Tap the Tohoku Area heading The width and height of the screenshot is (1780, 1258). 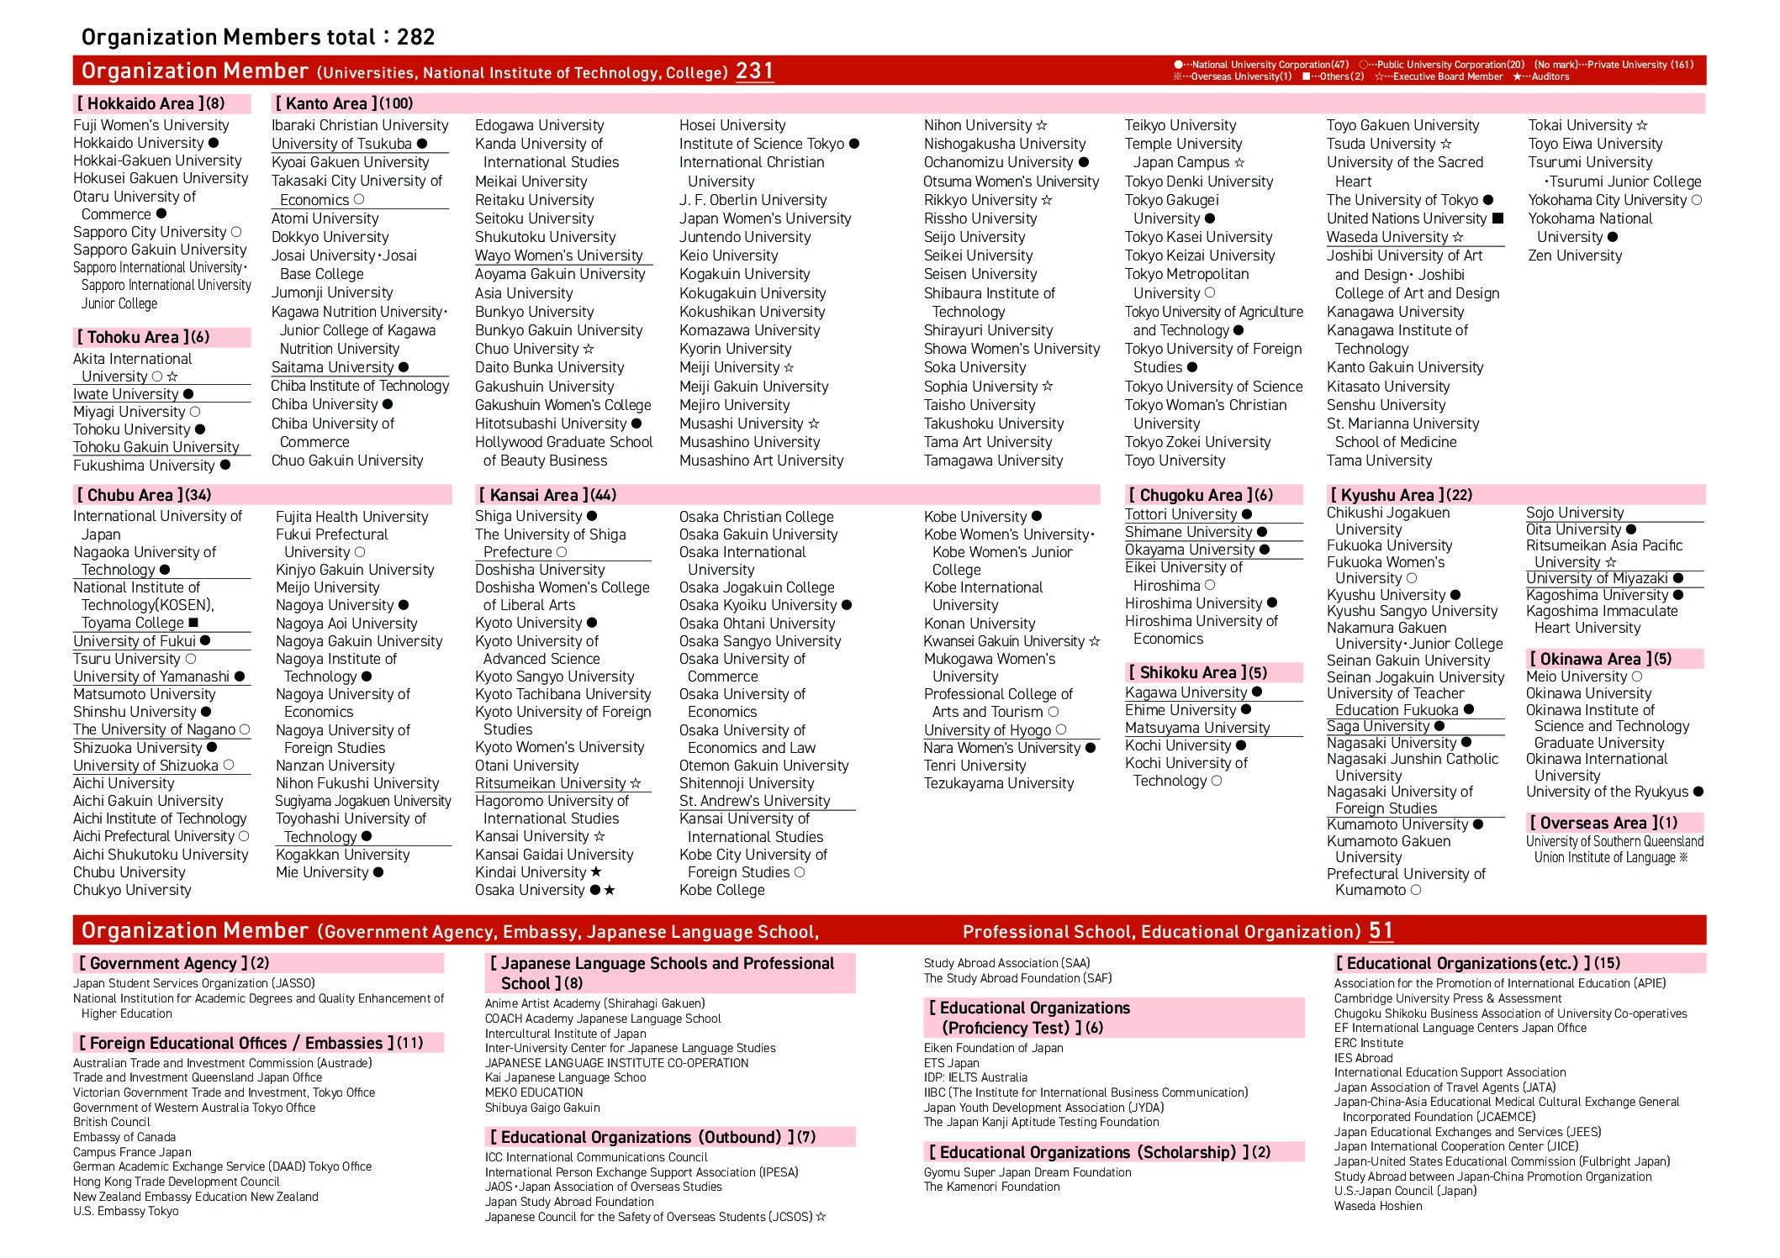point(134,337)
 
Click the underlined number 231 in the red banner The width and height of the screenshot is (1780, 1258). point(754,71)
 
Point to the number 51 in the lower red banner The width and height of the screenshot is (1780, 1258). point(1381,930)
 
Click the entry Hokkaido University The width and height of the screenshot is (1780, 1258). point(139,143)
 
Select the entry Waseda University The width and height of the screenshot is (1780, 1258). point(1387,237)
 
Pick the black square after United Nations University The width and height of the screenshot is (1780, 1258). point(1497,218)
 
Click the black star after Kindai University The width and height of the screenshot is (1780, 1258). point(596,872)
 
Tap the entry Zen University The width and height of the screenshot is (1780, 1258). point(1575,255)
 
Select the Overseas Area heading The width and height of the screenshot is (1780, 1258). point(1594,823)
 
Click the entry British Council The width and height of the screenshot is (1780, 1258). point(112,1122)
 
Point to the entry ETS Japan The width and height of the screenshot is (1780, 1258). point(951,1062)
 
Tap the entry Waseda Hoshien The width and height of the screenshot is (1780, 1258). point(1378,1206)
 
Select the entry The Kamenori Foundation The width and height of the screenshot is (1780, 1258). point(991,1187)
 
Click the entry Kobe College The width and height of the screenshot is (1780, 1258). point(721,890)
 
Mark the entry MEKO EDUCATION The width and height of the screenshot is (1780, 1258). point(534,1092)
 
